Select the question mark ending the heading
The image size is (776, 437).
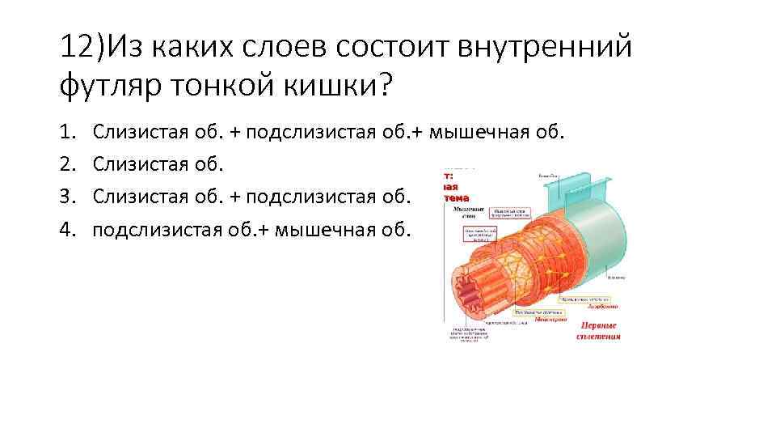coord(381,84)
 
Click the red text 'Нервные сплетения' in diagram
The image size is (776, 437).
coord(598,330)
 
